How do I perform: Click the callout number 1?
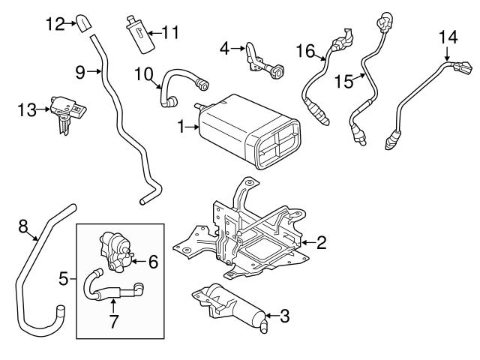pos(181,128)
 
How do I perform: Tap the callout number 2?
pos(321,242)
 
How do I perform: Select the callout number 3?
pos(283,316)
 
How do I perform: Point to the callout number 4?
pos(223,49)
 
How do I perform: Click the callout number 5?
pos(64,280)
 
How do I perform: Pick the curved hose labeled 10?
pos(180,77)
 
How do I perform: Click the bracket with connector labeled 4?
pos(262,61)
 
